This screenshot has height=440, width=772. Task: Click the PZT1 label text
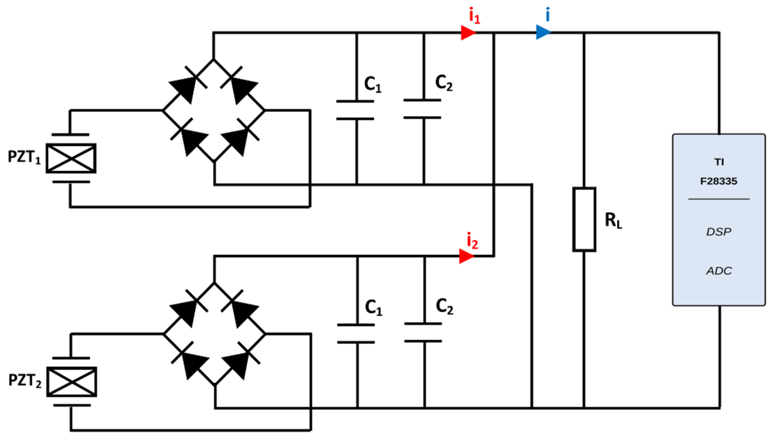point(24,157)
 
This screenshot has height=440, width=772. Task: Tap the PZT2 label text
point(25,381)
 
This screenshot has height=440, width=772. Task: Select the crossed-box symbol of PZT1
point(71,158)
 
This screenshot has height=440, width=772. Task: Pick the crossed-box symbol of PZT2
point(72,382)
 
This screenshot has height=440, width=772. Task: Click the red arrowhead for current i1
point(468,32)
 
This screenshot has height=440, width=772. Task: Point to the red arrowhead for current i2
point(467,256)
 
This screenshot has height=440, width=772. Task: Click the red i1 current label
point(475,16)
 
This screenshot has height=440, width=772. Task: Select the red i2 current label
point(473,241)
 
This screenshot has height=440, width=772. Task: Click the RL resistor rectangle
point(584,219)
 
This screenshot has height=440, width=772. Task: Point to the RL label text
point(614,221)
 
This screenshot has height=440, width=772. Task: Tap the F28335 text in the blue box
point(719,181)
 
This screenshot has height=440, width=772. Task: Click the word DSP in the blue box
point(719,232)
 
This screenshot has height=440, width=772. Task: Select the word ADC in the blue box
point(719,271)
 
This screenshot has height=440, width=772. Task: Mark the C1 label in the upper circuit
point(373,85)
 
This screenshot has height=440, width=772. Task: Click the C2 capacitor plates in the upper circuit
point(422,109)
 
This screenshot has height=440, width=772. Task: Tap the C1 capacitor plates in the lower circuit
point(356,333)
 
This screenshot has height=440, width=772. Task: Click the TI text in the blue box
point(719,162)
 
